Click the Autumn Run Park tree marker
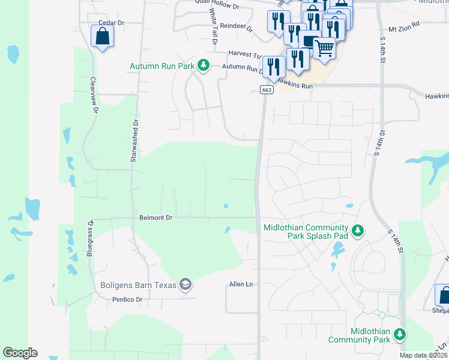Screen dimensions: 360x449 point(203,65)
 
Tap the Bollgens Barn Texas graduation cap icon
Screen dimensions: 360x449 point(185,284)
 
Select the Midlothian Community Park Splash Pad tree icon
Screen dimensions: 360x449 point(358,231)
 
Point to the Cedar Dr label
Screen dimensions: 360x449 point(110,23)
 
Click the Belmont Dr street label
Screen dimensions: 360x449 point(155,218)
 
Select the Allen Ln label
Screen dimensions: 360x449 point(241,284)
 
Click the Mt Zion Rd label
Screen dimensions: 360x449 point(404,29)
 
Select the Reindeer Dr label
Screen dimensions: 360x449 point(237,26)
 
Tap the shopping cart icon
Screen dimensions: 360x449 point(324,47)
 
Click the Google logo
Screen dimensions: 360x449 point(20,353)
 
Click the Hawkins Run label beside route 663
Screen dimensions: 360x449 point(298,86)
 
